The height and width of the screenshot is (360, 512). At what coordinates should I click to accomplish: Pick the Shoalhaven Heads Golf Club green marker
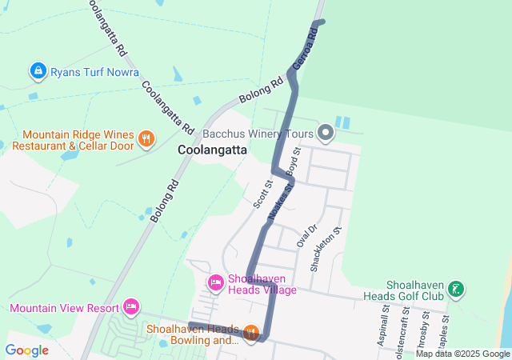point(456,290)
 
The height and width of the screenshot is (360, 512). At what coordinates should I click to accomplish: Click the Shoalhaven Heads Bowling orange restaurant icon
point(251,332)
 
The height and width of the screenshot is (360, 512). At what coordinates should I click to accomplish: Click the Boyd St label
point(292,161)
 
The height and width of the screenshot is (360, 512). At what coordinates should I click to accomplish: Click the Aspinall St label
point(385,324)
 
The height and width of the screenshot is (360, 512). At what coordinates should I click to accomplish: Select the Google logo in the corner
point(26,350)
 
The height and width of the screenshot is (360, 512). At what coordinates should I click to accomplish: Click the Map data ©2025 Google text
point(462,354)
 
